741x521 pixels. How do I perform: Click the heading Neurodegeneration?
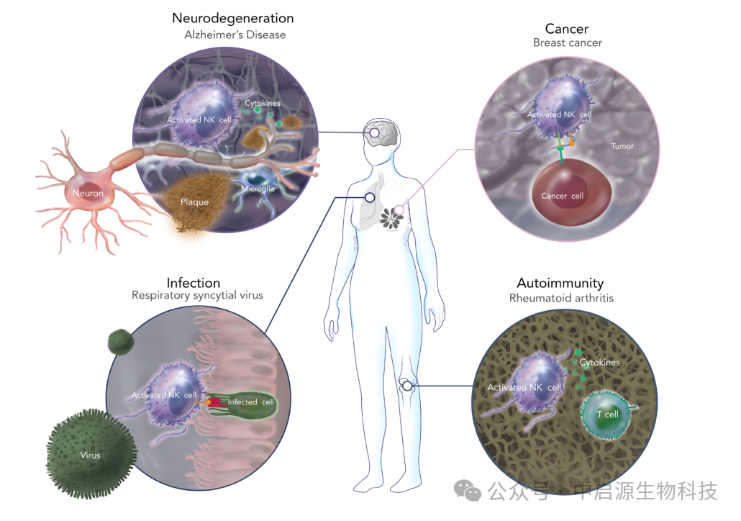(x=232, y=18)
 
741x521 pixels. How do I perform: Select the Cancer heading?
(x=567, y=29)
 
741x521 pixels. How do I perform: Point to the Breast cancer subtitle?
(x=567, y=43)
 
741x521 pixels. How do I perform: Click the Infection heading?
(x=193, y=283)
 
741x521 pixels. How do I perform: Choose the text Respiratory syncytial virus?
(x=197, y=296)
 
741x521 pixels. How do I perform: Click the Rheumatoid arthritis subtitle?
(x=561, y=298)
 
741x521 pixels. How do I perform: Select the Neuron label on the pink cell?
(x=87, y=194)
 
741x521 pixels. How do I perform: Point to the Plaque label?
(x=194, y=202)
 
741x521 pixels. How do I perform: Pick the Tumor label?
(x=622, y=146)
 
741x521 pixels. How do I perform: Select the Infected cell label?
(x=250, y=402)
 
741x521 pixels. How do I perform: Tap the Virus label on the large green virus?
(x=91, y=456)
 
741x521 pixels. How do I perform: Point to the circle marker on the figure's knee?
(x=407, y=386)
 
